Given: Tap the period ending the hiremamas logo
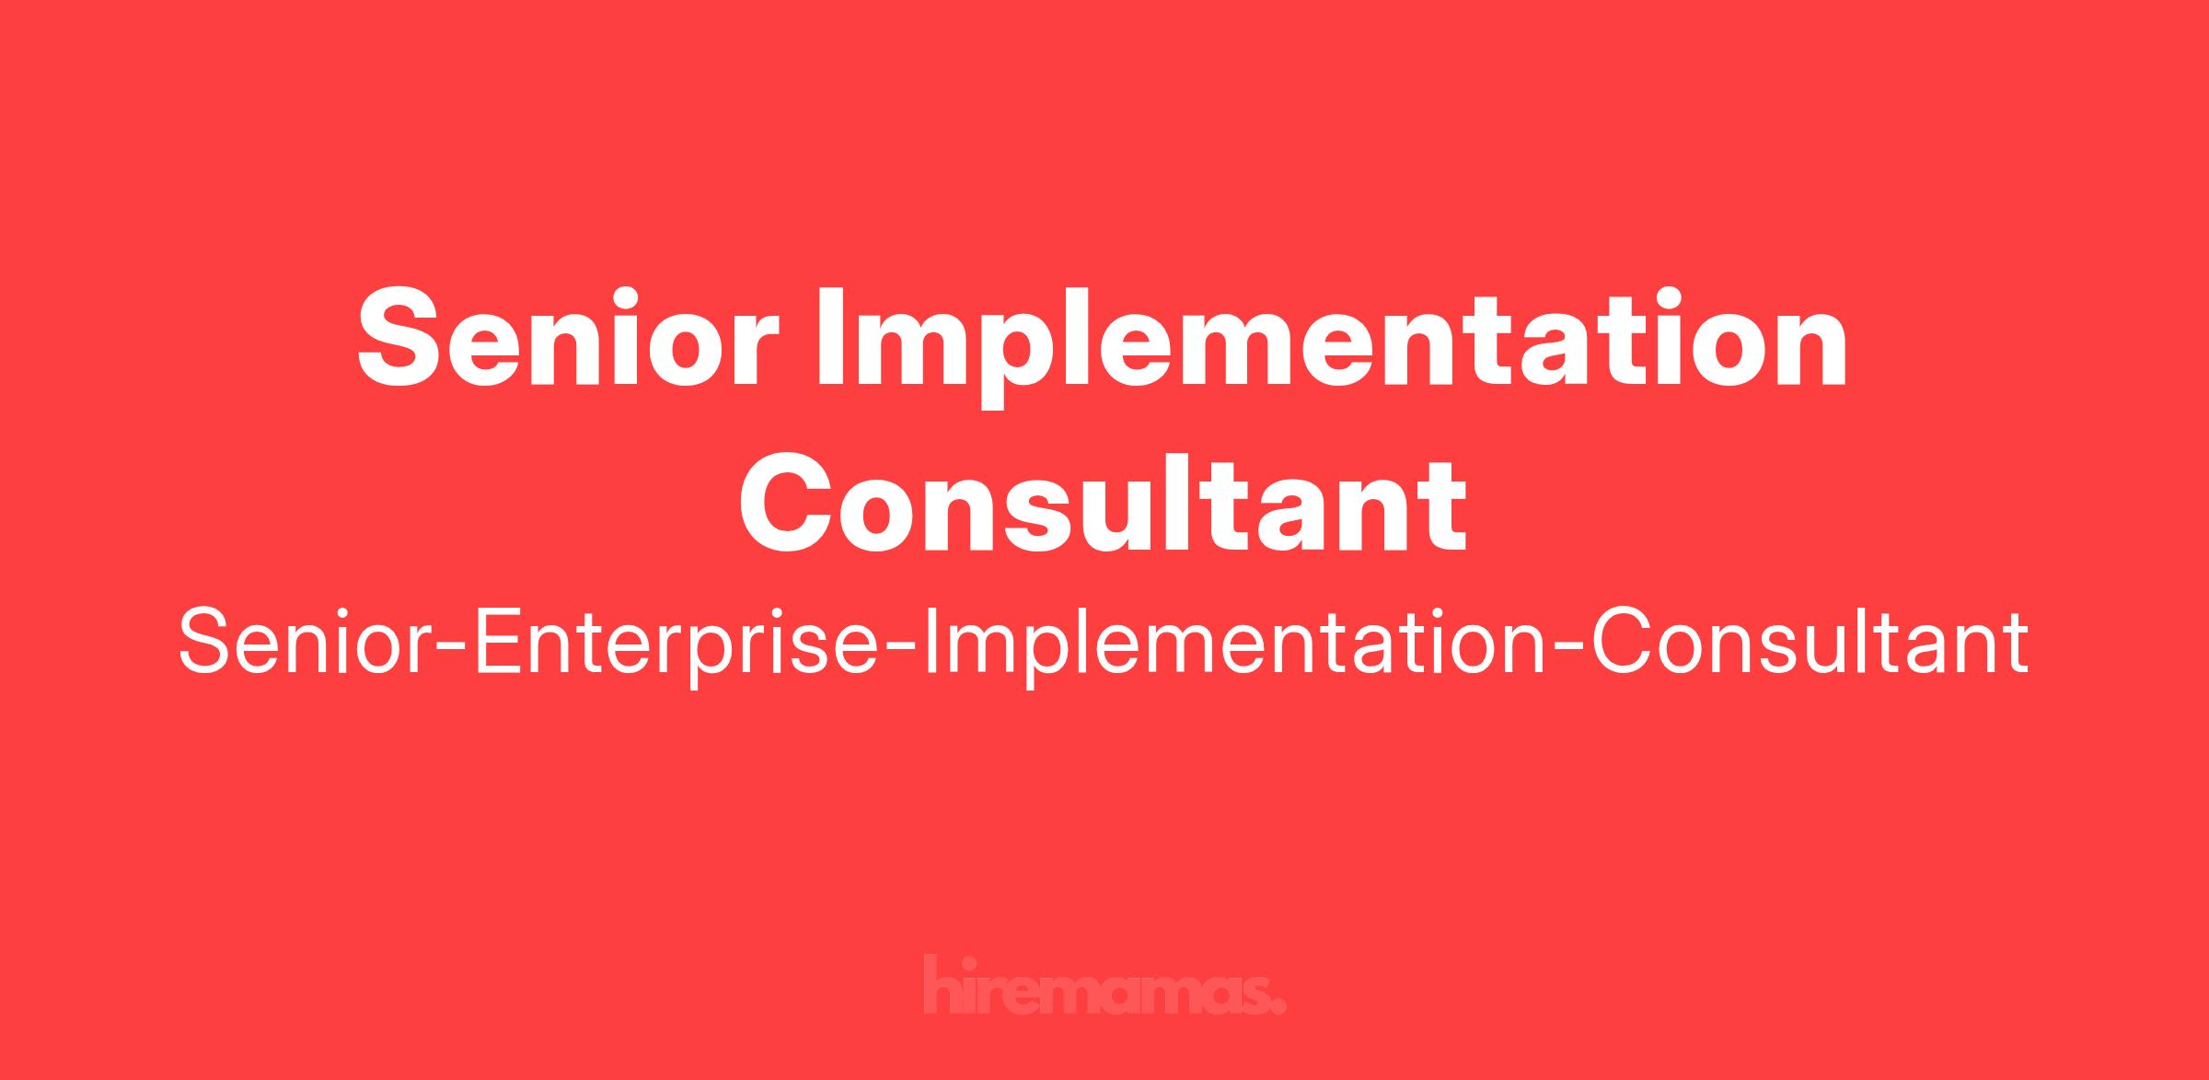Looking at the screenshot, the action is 1278,1006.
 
